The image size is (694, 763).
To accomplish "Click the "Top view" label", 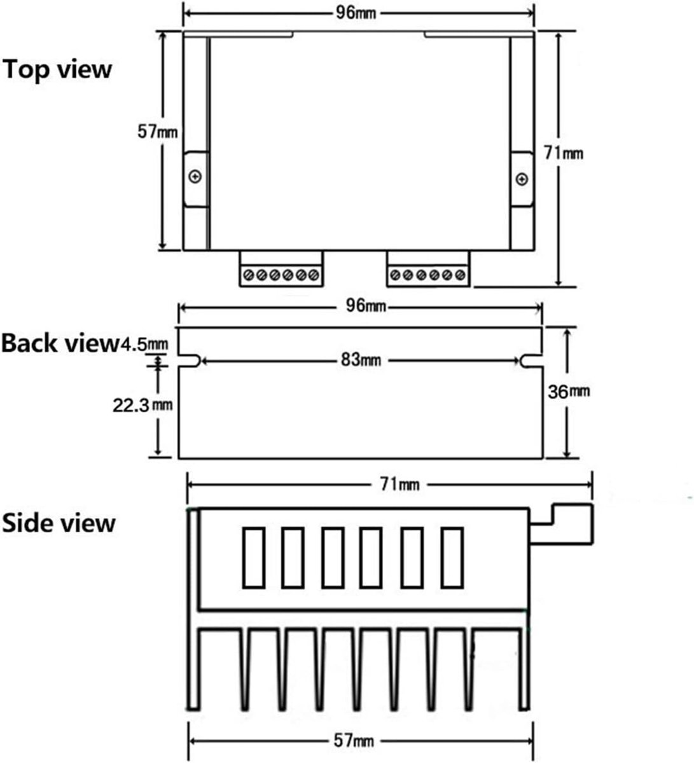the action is tap(57, 70).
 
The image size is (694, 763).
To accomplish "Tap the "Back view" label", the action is tap(61, 343).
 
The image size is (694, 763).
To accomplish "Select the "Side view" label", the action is tap(59, 523).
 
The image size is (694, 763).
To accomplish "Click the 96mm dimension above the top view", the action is tap(356, 13).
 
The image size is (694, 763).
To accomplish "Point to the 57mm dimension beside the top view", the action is tap(158, 132).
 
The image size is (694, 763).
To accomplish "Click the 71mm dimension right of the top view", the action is tap(564, 153).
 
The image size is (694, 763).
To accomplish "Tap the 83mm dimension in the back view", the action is tap(361, 359).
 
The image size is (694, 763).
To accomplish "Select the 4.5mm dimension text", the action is tap(144, 344).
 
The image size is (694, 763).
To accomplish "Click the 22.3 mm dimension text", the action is tap(142, 406).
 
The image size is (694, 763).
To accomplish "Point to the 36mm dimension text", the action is tap(569, 392).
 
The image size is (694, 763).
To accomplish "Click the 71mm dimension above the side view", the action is tap(399, 485).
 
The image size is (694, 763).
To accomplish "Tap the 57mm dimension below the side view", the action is tap(354, 741).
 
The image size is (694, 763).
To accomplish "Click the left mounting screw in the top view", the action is tap(195, 177).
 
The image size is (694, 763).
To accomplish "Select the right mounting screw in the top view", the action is tap(522, 179).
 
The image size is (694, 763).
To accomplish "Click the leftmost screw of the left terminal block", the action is tap(249, 275).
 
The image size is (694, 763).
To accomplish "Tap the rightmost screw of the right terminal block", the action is tap(460, 275).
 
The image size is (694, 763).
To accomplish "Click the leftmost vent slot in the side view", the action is tap(254, 558).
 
